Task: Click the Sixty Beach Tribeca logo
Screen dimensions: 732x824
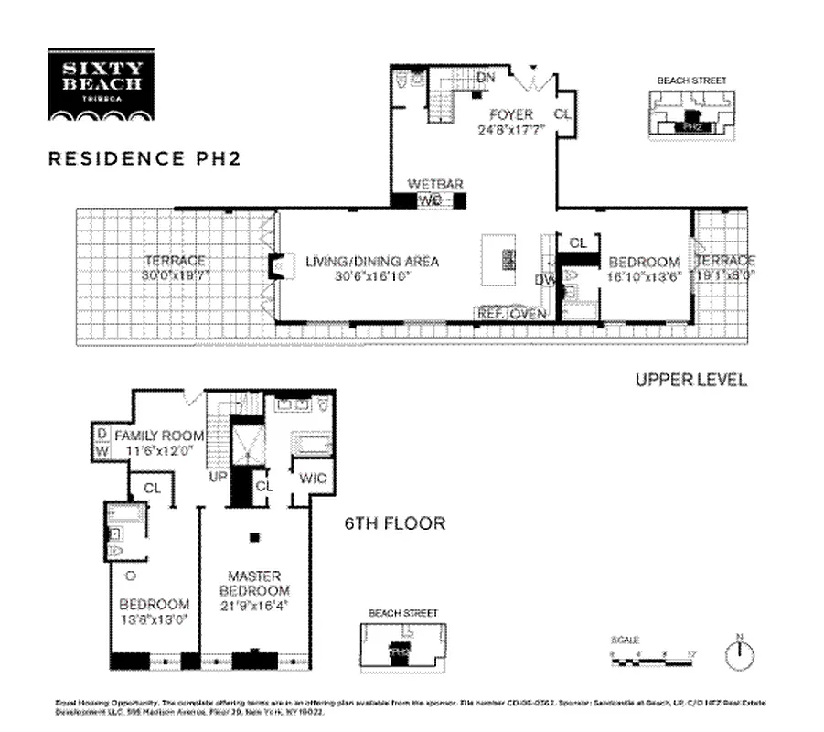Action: click(102, 85)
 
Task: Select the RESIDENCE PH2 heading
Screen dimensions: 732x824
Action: click(144, 157)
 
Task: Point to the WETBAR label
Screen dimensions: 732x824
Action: click(430, 185)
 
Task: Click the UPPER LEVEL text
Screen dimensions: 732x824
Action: click(690, 379)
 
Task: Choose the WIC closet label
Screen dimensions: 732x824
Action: click(312, 479)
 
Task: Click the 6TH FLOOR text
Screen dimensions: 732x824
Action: click(394, 524)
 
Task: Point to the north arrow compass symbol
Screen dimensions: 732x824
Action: click(740, 652)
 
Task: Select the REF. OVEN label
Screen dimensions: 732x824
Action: click(510, 314)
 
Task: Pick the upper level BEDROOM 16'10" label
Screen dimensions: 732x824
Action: click(644, 268)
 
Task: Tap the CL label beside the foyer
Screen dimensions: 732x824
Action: click(564, 114)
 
